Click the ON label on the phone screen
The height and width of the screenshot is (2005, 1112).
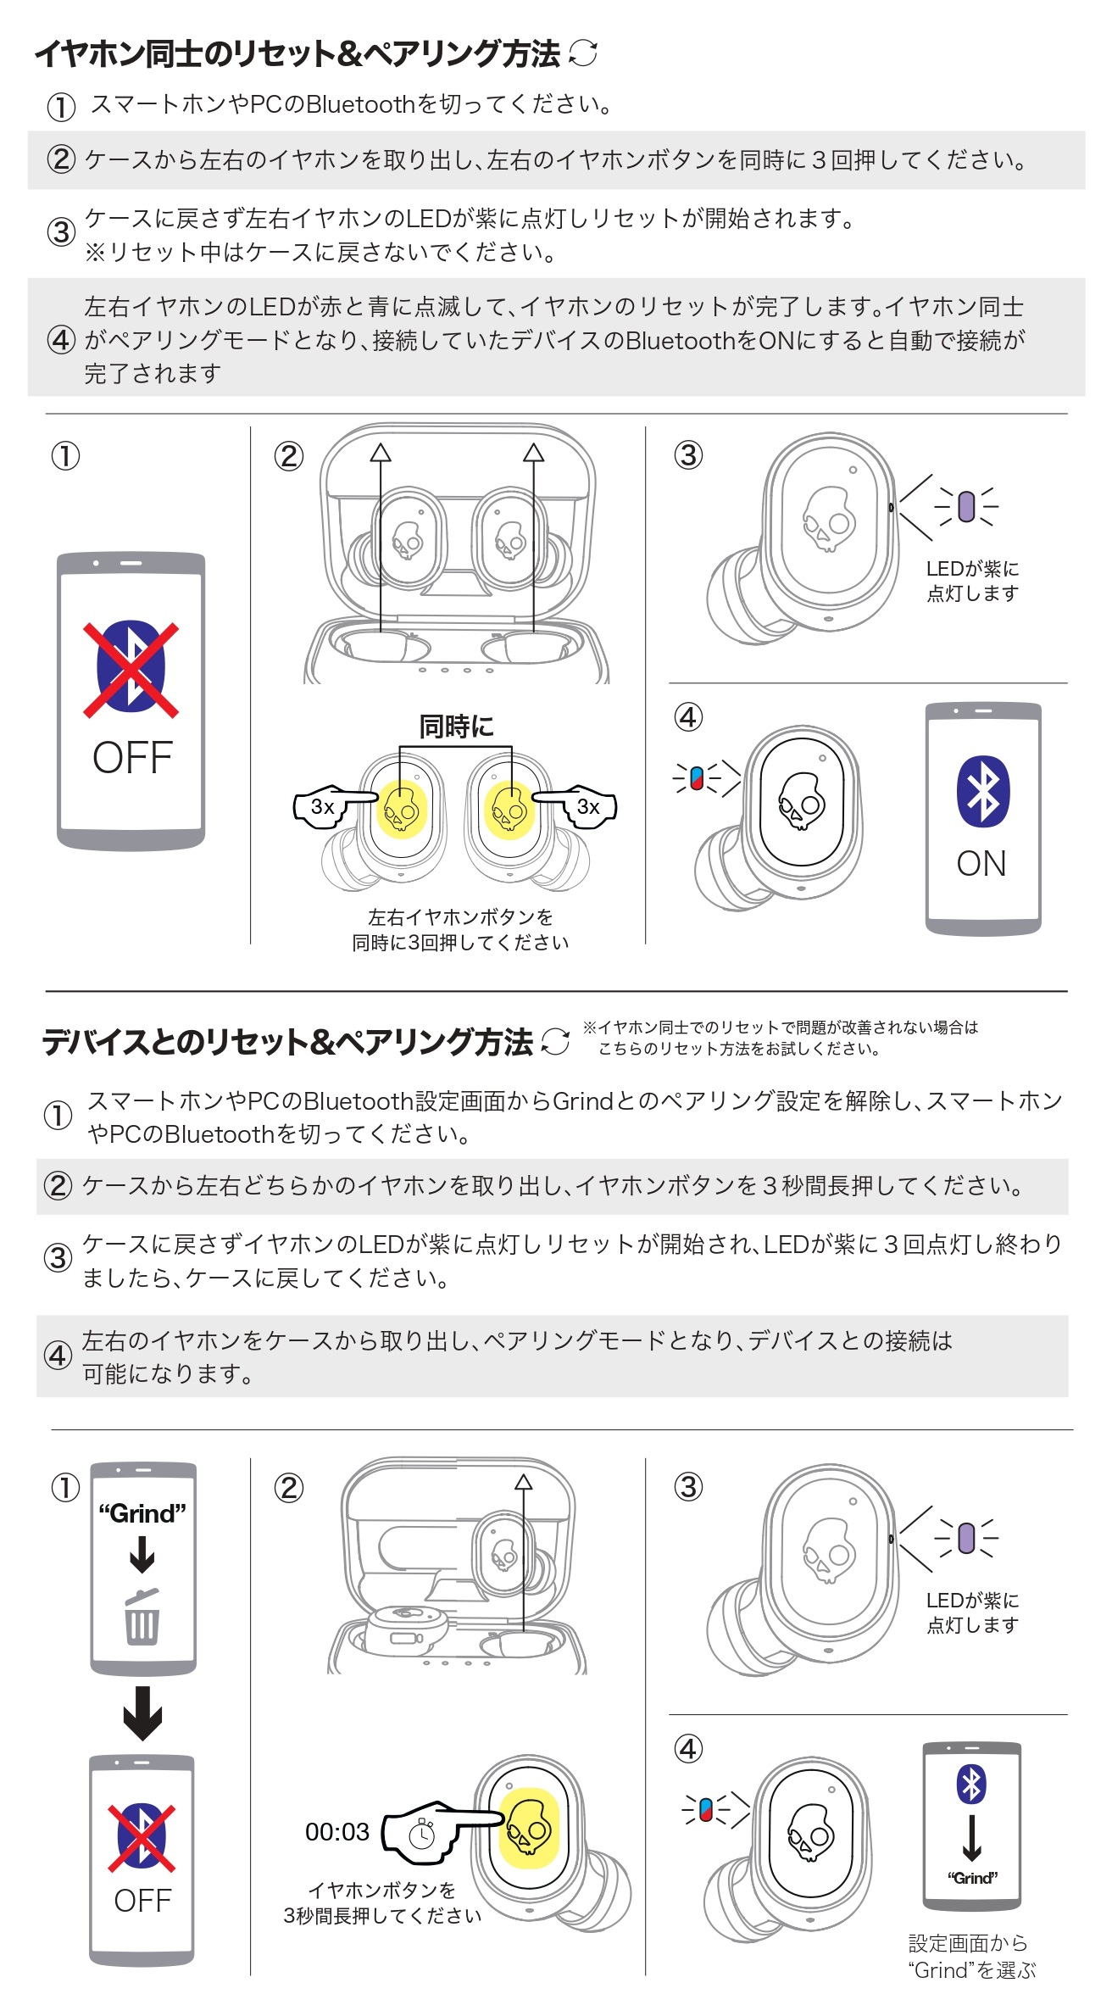981,864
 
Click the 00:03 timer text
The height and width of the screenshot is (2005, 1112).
337,1831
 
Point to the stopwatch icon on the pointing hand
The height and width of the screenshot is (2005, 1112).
422,1833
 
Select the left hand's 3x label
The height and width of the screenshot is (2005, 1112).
323,806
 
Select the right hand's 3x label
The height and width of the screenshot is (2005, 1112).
588,806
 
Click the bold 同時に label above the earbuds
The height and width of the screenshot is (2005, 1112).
456,726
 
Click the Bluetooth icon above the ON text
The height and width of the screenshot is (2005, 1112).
983,790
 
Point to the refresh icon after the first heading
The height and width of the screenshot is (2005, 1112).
583,53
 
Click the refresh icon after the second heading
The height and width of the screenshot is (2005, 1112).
555,1041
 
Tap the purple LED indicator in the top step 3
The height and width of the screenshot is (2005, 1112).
966,506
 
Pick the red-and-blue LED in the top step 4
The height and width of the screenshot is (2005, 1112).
697,777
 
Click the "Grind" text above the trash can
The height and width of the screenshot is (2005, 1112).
142,1513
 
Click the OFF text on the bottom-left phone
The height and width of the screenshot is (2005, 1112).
142,1901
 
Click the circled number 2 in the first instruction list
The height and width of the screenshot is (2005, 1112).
60,159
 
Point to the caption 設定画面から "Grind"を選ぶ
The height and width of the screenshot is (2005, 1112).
971,1957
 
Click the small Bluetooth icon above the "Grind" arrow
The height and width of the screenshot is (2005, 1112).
971,1785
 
